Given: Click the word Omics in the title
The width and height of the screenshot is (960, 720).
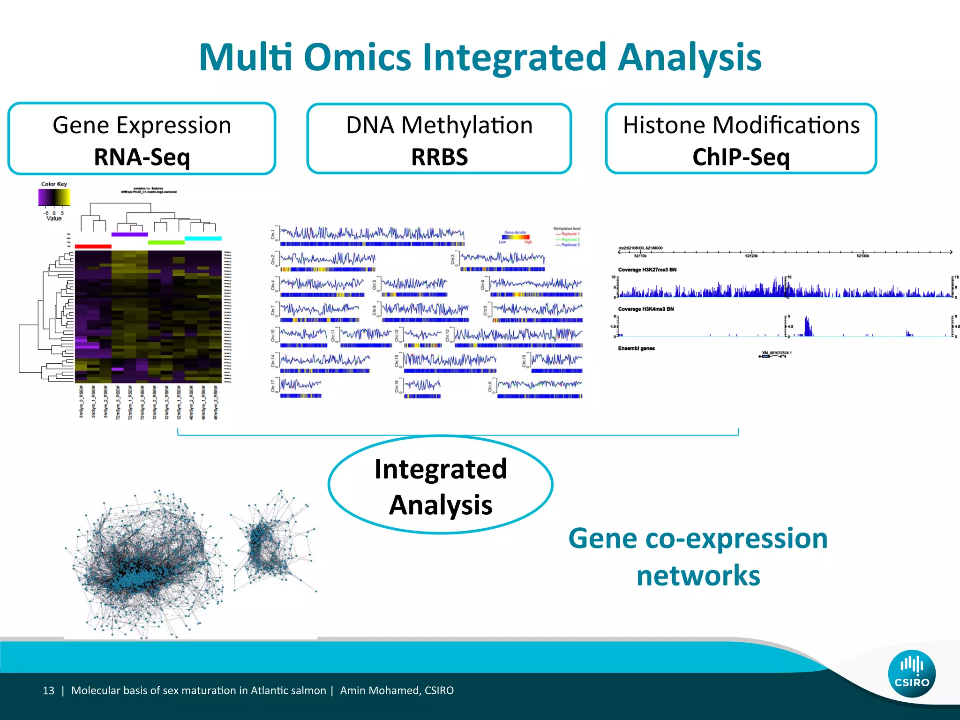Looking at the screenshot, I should click(x=357, y=57).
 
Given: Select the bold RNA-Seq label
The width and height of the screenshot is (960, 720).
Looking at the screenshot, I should click(x=142, y=157).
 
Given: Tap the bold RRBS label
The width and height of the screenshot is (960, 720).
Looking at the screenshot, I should click(x=439, y=157).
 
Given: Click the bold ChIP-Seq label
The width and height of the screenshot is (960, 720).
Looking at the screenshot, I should click(x=741, y=157).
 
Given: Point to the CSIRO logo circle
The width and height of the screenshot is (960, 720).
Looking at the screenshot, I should click(x=911, y=674).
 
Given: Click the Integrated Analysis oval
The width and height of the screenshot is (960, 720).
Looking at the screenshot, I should click(x=440, y=486).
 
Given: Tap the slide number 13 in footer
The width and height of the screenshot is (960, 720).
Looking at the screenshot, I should click(x=48, y=690).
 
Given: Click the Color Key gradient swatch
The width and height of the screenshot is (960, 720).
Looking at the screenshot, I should click(x=54, y=197).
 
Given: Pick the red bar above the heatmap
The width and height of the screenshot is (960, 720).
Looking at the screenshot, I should click(x=93, y=246).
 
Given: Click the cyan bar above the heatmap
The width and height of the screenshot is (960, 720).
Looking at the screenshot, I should click(x=203, y=239).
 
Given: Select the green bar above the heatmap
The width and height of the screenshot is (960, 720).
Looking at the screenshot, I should click(x=166, y=242).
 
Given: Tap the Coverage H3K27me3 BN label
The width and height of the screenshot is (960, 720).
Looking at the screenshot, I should click(x=647, y=270).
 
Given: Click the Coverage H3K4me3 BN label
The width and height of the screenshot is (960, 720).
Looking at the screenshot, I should click(x=645, y=309).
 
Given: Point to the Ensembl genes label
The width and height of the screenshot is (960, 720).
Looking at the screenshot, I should click(x=636, y=348).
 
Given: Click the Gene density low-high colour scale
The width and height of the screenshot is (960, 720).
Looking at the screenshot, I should click(x=515, y=237).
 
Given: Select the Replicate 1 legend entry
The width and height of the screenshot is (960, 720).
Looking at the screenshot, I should click(x=568, y=234).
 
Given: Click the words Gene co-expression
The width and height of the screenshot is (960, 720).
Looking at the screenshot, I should click(x=697, y=538).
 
